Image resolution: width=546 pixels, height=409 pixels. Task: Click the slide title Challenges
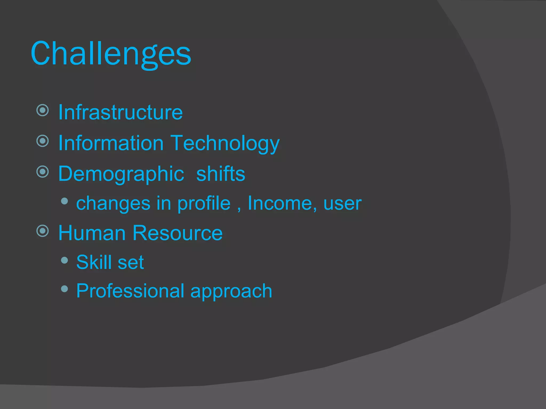click(111, 54)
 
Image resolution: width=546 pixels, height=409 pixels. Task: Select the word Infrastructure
click(121, 112)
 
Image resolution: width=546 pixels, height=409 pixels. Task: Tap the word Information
click(111, 143)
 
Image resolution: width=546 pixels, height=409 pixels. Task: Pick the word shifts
click(220, 174)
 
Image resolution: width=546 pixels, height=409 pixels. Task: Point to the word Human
click(92, 233)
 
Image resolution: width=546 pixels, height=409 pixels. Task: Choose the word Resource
click(177, 233)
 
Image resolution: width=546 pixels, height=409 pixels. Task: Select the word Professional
click(130, 291)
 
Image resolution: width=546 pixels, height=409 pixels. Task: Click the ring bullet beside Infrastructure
click(43, 110)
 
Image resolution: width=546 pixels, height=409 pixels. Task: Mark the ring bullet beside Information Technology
click(43, 141)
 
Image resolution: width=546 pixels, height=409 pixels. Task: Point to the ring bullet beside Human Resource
click(43, 231)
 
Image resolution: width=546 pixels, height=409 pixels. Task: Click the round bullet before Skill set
click(64, 260)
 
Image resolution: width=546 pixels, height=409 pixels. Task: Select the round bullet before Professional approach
click(64, 289)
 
